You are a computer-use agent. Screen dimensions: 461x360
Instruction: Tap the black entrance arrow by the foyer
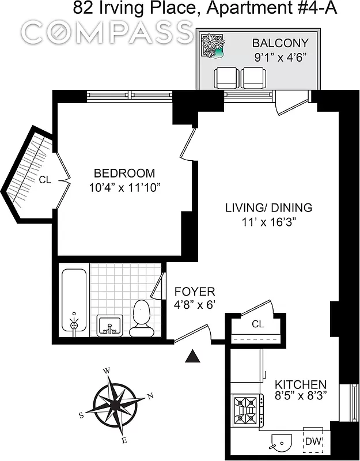[194, 357]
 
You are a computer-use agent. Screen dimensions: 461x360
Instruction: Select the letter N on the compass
[150, 396]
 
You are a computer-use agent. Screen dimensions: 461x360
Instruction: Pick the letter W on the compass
[105, 371]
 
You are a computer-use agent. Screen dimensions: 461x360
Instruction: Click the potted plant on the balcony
[213, 47]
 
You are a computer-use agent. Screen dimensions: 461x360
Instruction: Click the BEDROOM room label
[124, 173]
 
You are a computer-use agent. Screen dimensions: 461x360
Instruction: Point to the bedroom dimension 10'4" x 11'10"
[124, 187]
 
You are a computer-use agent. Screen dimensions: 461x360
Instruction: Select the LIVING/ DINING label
[268, 208]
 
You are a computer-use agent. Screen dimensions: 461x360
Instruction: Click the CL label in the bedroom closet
[45, 180]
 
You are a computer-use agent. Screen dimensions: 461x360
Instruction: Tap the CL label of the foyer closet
[257, 324]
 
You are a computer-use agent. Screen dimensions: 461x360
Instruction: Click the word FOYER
[195, 292]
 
